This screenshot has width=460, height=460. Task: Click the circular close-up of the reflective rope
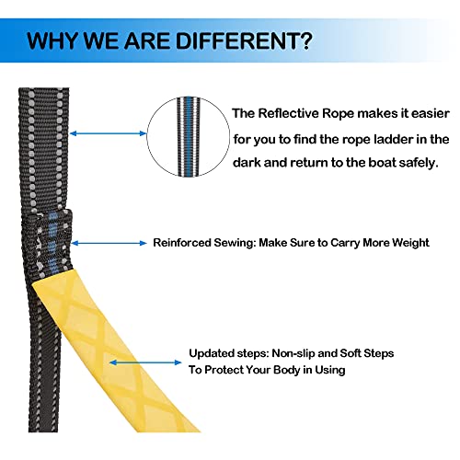(189, 137)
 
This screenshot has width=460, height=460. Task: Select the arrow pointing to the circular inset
(109, 133)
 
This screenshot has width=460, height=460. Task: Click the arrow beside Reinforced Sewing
(109, 243)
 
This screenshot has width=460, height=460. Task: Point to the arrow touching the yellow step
(145, 362)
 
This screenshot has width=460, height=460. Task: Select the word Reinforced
(182, 243)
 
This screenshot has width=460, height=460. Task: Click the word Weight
(410, 243)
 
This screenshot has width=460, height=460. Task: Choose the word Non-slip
(293, 353)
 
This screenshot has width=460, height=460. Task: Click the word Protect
(224, 370)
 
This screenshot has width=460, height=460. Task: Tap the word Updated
(209, 353)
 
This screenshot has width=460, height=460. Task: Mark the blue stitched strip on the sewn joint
(53, 243)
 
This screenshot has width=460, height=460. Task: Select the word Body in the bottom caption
(286, 370)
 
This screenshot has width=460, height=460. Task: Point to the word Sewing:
(235, 243)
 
